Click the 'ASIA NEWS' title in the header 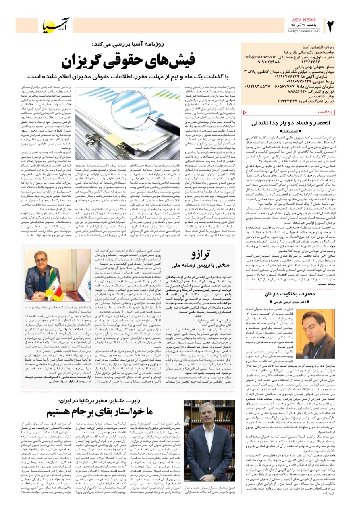click(x=305, y=19)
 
